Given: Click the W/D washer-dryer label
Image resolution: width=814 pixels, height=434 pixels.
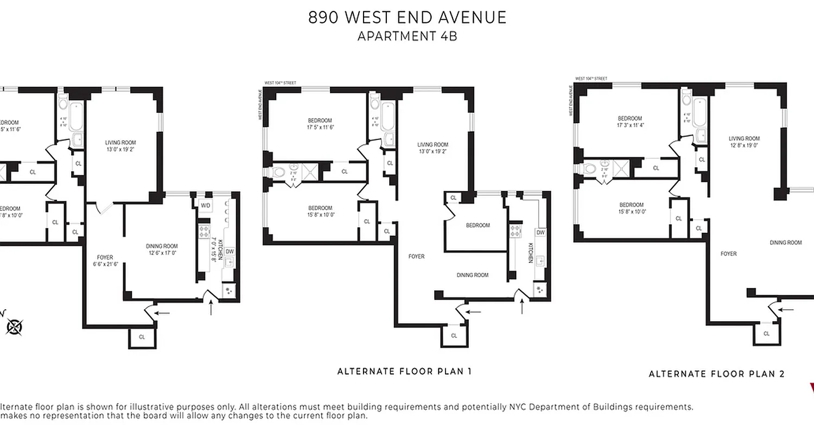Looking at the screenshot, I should pos(205,206).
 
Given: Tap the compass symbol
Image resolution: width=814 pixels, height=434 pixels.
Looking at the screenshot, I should pos(15,327).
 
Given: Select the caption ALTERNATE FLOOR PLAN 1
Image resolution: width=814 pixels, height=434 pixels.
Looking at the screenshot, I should pos(404,372).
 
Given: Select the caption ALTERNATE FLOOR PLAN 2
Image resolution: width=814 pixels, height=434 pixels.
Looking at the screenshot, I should pos(716,374).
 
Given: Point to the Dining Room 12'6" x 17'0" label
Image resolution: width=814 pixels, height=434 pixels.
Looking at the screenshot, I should pos(162,249).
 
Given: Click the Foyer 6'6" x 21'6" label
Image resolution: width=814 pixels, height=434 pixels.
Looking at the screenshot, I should pos(105,260).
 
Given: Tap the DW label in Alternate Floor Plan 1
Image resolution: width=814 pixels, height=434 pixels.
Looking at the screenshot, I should pos(540,232).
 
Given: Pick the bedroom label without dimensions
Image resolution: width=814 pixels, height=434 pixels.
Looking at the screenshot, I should pos(478,225).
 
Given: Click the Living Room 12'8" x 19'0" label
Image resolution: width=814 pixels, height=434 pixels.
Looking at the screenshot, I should pos(744,142).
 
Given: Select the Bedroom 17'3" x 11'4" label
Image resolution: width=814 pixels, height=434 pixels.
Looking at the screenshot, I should pos(629,122).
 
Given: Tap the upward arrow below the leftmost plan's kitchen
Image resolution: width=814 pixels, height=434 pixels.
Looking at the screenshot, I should pos(212,308).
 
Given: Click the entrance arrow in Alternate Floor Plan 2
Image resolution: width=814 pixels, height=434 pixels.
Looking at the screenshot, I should pos(786,309).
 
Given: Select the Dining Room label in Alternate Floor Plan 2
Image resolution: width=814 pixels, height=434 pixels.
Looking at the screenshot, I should pos(785,242).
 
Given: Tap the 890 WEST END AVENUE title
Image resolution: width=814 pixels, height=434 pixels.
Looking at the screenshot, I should pos(407,17).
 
